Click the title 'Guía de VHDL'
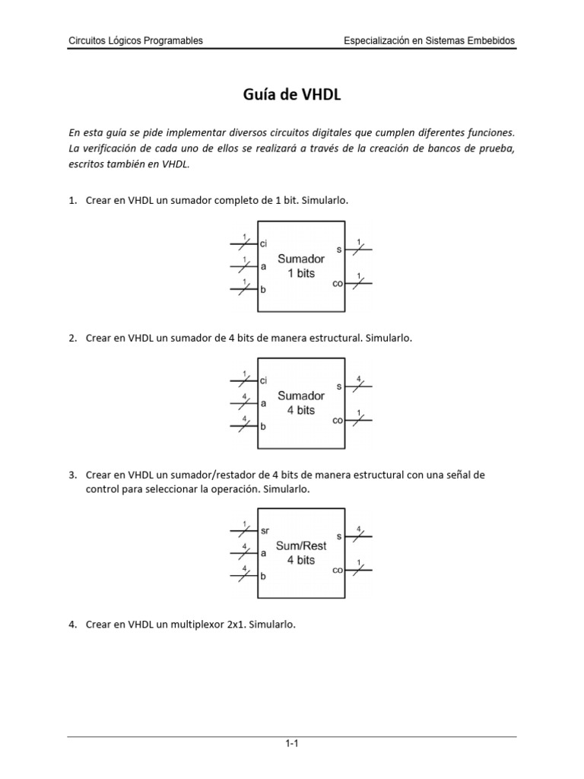292,95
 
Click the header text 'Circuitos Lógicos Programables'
136,41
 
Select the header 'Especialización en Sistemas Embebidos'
429,41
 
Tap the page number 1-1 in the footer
291,745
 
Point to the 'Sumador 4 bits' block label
301,402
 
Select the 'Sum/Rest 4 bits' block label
301,553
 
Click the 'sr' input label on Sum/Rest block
265,530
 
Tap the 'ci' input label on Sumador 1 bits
264,244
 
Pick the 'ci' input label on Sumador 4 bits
264,380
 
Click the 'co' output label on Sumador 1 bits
338,283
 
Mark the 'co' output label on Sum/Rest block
338,570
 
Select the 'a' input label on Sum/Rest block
263,554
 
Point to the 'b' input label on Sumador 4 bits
263,427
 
